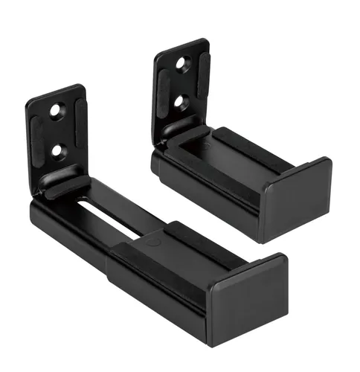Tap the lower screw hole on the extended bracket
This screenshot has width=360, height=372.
coord(57,152)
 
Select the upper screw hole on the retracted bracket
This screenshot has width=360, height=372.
coord(183,64)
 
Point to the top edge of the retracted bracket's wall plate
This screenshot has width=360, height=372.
coord(181,44)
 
